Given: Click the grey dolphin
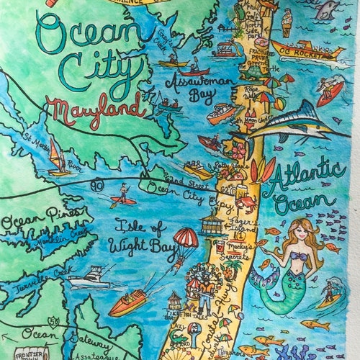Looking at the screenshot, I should point(328,9).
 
